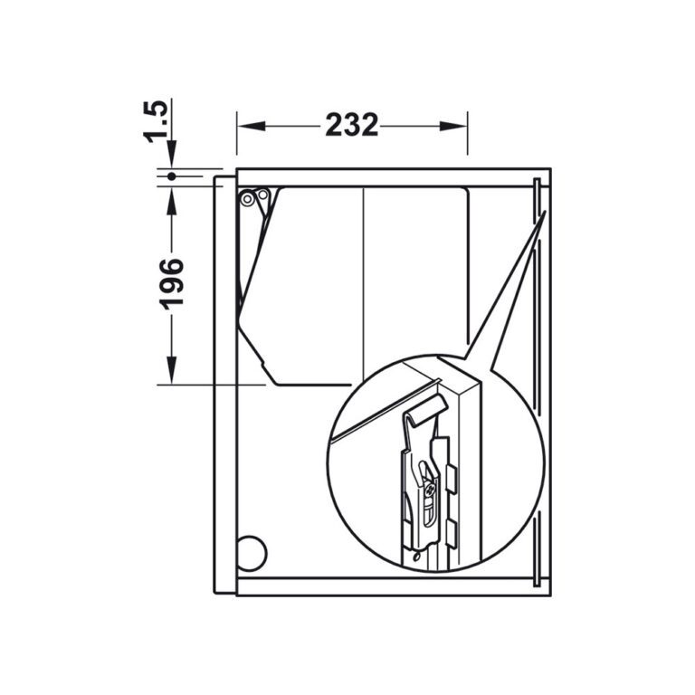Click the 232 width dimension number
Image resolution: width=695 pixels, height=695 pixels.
point(352,125)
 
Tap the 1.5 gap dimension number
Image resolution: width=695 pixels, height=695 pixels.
point(156,120)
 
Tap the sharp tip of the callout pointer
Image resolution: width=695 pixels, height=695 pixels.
point(546,213)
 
